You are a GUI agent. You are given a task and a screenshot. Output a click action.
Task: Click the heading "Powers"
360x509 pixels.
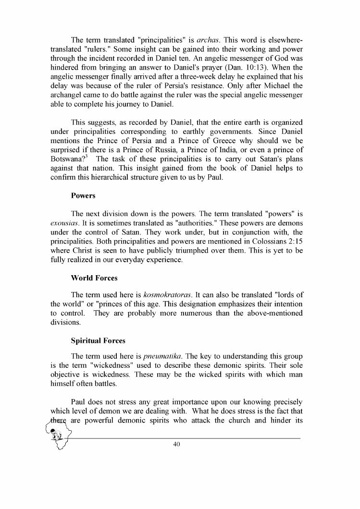pyautogui.click(x=83, y=196)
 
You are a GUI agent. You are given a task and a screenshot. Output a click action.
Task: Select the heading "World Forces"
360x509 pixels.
pyautogui.click(x=94, y=278)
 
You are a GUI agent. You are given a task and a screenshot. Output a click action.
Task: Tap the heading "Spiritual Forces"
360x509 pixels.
pyautogui.click(x=98, y=340)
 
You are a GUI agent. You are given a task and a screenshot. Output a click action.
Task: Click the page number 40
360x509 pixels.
pyautogui.click(x=176, y=444)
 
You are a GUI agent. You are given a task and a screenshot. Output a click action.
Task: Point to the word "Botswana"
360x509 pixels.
pyautogui.click(x=68, y=159)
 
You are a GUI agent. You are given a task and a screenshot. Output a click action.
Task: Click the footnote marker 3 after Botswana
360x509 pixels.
pyautogui.click(x=88, y=157)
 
